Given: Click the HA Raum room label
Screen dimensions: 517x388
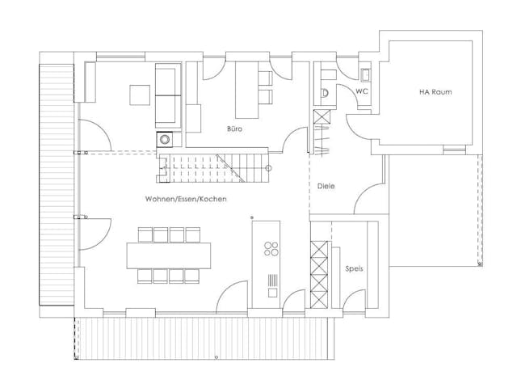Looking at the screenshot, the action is coord(435,92).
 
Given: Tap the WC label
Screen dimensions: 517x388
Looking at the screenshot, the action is coord(362,91).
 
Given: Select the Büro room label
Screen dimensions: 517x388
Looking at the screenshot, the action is coord(234,129).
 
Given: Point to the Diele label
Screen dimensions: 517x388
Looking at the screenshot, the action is coord(326,186).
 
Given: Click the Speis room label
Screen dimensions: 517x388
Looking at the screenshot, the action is coord(354,268).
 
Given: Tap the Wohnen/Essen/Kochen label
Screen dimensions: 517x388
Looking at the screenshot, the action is coord(186,199).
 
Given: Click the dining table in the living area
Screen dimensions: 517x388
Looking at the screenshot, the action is coord(169,255).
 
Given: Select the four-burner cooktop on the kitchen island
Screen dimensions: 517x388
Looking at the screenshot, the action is coord(271,249).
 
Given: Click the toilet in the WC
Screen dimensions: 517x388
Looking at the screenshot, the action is coord(325,93).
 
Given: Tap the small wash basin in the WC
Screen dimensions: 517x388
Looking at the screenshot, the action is coord(366,74).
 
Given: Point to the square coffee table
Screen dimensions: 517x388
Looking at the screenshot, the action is coord(140,95).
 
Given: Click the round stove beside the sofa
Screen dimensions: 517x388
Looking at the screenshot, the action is coord(164,139).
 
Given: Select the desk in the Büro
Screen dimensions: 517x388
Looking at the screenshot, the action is coord(246,90).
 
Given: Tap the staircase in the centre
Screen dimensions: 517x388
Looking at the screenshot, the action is coord(213,168).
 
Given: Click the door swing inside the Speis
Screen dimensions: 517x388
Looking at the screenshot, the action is coord(355,299).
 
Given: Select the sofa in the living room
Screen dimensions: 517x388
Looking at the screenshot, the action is coord(168,95).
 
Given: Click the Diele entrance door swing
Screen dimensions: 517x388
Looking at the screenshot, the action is coord(368,198).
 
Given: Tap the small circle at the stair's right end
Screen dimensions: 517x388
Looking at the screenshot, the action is coord(269,168).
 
